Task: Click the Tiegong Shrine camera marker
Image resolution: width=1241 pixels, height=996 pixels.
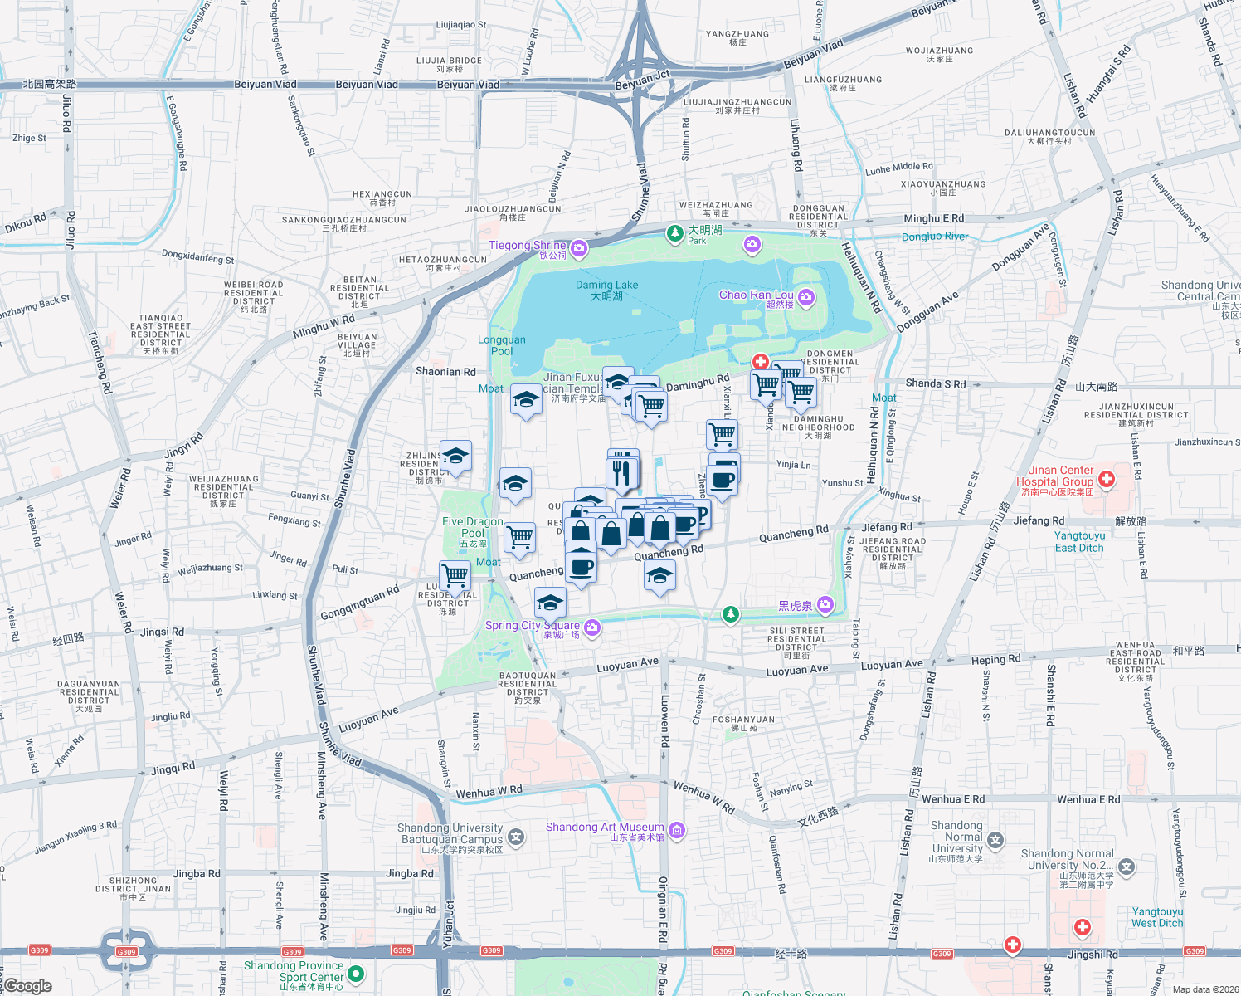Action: pyautogui.click(x=579, y=247)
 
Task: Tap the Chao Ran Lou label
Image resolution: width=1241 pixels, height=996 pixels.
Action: pyautogui.click(x=756, y=295)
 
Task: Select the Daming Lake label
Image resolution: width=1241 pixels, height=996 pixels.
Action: pyautogui.click(x=607, y=290)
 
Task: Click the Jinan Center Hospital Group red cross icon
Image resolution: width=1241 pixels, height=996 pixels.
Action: pyautogui.click(x=1106, y=479)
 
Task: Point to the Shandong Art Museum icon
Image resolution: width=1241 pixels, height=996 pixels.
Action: pyautogui.click(x=677, y=829)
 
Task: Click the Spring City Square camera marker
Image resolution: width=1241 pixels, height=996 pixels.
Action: pyautogui.click(x=592, y=627)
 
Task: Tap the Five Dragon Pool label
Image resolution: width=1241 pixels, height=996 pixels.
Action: pyautogui.click(x=473, y=528)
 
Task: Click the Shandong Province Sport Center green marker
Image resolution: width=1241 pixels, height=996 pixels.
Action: pyautogui.click(x=356, y=973)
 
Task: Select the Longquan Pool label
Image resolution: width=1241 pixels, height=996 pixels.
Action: pyautogui.click(x=502, y=344)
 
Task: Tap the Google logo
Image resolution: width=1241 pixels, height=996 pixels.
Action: pyautogui.click(x=28, y=986)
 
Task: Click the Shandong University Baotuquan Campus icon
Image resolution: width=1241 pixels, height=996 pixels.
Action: pyautogui.click(x=516, y=837)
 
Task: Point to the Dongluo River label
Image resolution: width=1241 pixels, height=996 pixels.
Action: pyautogui.click(x=935, y=237)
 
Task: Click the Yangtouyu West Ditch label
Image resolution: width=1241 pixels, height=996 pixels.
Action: pyautogui.click(x=1157, y=917)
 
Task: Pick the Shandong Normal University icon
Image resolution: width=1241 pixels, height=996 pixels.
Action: pyautogui.click(x=995, y=840)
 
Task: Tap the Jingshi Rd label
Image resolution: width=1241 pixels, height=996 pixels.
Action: pyautogui.click(x=1093, y=954)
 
